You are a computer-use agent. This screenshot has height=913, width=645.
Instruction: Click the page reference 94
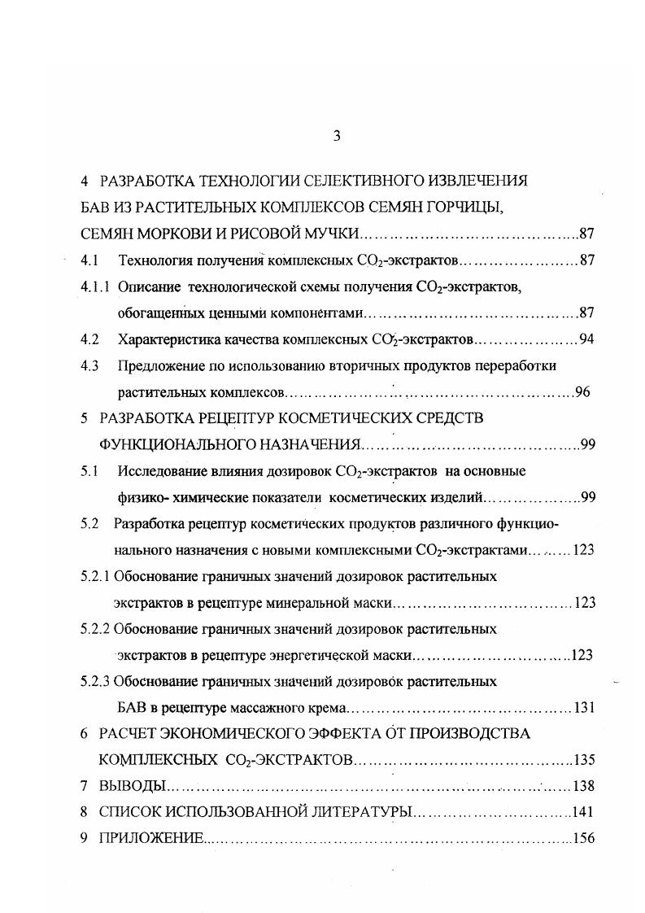coord(586,339)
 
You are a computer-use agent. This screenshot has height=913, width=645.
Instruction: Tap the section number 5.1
coord(89,471)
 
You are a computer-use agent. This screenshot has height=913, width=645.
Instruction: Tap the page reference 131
coord(585,707)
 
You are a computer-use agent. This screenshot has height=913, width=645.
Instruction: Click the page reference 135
coord(585,761)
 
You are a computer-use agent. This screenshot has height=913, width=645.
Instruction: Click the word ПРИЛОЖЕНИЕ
coord(150,838)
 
